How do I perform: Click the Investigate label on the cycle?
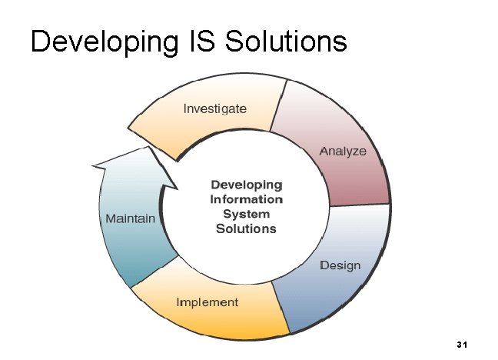pos(214,108)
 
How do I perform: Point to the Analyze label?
pos(343,152)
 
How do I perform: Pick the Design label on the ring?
pos(340,265)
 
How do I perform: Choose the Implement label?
pos(207,302)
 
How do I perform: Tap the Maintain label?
pos(130,218)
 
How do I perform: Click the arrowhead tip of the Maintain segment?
pos(94,165)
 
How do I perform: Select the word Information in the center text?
pos(247,199)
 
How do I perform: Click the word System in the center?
pos(247,214)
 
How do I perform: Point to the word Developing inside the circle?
pos(247,185)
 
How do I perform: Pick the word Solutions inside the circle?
pos(247,228)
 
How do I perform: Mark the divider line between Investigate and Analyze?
pos(279,105)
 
